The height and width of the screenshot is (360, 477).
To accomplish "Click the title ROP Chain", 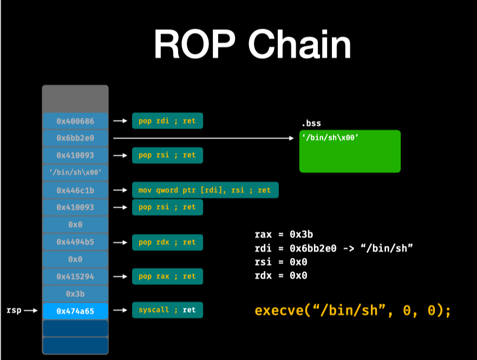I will [x=252, y=44].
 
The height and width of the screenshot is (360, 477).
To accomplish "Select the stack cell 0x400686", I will [x=75, y=121].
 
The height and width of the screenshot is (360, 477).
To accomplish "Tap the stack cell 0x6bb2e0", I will [x=75, y=138].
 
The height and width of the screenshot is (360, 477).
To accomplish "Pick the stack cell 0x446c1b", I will [x=75, y=190].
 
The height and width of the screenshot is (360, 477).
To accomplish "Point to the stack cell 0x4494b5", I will [x=75, y=242].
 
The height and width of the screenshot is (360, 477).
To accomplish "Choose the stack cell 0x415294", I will [x=75, y=276].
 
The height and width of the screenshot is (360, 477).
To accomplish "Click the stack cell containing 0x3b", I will [x=75, y=293].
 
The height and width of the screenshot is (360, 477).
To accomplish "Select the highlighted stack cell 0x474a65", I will [x=75, y=311].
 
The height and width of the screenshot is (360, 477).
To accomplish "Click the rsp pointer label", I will [x=14, y=311].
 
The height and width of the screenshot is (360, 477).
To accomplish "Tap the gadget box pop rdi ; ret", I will [x=167, y=121].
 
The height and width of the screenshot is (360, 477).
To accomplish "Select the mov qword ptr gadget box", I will [x=205, y=190].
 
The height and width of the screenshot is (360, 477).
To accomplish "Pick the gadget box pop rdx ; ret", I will [x=167, y=242].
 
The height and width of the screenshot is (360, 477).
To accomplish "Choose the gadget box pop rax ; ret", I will [x=167, y=276].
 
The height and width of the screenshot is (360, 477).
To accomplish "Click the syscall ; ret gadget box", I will [x=167, y=310].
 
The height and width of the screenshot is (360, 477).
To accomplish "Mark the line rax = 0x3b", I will [x=284, y=234].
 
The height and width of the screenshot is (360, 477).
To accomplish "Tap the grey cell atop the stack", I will [x=75, y=99].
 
